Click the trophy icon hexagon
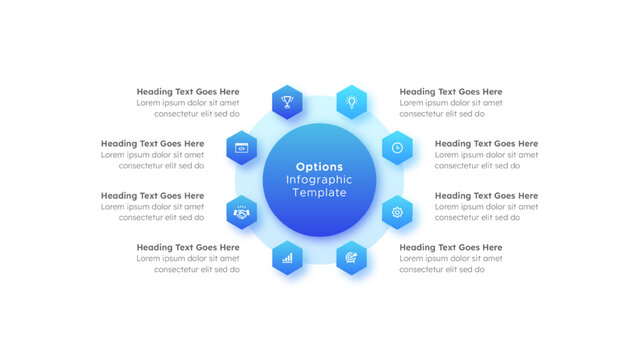(x=287, y=101)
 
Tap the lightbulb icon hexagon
(x=351, y=101)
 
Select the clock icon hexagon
(x=397, y=147)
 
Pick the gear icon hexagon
(x=397, y=212)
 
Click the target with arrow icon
(x=351, y=257)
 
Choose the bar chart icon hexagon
(x=287, y=257)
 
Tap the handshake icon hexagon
(x=241, y=212)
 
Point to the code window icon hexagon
(x=241, y=147)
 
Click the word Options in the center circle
(x=319, y=167)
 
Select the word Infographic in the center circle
(x=319, y=180)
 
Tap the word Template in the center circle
(x=319, y=193)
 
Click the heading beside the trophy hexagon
(x=188, y=92)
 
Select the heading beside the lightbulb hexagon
(x=450, y=92)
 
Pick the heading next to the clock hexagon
(x=486, y=144)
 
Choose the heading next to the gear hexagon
(x=486, y=196)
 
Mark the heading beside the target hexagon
(x=450, y=247)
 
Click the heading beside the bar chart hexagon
(x=188, y=247)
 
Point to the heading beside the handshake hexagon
(x=152, y=196)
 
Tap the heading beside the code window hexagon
(x=152, y=144)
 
